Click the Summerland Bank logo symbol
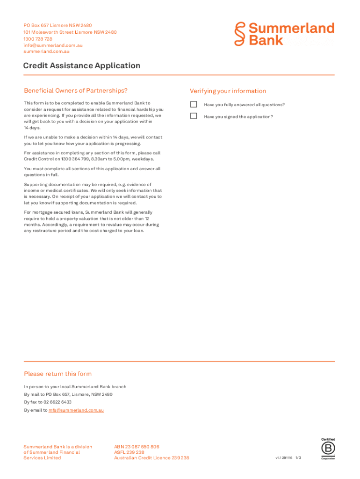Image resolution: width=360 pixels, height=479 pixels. coord(240,34)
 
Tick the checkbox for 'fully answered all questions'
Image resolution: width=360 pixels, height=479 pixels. coord(194,104)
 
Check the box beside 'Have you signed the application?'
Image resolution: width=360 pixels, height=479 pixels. coord(194,116)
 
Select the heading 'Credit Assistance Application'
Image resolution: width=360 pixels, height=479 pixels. coord(82,65)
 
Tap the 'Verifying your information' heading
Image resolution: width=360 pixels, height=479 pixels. coord(228,91)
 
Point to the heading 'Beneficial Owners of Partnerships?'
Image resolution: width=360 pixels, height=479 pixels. coord(76,91)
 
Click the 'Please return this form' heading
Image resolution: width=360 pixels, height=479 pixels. coord(58,374)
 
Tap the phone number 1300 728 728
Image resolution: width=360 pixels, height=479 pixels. coord(38,39)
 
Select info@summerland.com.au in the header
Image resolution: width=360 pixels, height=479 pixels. coord(53,45)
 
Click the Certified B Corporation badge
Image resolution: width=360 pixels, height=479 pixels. coord(328,449)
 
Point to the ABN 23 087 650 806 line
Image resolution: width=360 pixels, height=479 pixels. coord(137,447)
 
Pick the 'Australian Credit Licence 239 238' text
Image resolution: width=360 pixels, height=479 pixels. coord(151,458)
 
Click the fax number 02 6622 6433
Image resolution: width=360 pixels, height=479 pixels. coord(58,402)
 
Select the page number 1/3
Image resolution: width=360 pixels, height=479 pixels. coord(298,458)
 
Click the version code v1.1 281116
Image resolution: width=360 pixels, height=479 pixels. coord(284,458)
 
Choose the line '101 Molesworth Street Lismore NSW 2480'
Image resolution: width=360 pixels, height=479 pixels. coord(70,32)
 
